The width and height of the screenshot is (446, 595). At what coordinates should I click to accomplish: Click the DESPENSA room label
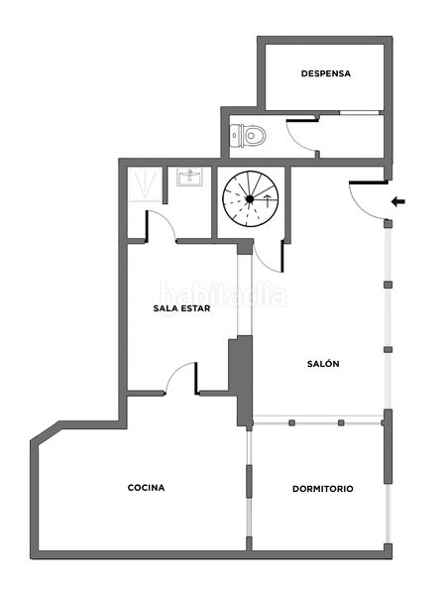click(326, 73)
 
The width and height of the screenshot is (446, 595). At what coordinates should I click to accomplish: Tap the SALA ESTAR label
click(181, 308)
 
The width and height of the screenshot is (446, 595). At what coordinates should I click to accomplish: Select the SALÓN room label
click(323, 364)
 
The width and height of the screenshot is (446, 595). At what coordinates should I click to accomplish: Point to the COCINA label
click(146, 488)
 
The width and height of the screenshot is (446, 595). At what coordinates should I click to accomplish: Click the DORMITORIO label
click(323, 489)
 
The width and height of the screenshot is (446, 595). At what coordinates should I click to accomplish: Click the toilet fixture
click(248, 136)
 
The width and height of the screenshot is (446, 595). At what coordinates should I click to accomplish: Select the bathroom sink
click(190, 177)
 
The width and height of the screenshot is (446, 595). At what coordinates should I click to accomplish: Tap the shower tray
click(145, 184)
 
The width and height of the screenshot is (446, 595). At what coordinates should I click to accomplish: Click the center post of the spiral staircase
click(250, 199)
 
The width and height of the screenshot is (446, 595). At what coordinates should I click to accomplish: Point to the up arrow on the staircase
click(268, 201)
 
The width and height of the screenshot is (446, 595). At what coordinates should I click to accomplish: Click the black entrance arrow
click(398, 201)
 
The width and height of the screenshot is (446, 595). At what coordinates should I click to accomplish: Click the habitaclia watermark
click(223, 294)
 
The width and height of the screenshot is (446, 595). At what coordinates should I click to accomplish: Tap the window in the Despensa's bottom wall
click(359, 113)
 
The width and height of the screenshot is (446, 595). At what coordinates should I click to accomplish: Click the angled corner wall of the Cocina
click(46, 431)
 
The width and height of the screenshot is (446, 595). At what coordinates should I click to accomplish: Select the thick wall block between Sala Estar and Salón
click(241, 382)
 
